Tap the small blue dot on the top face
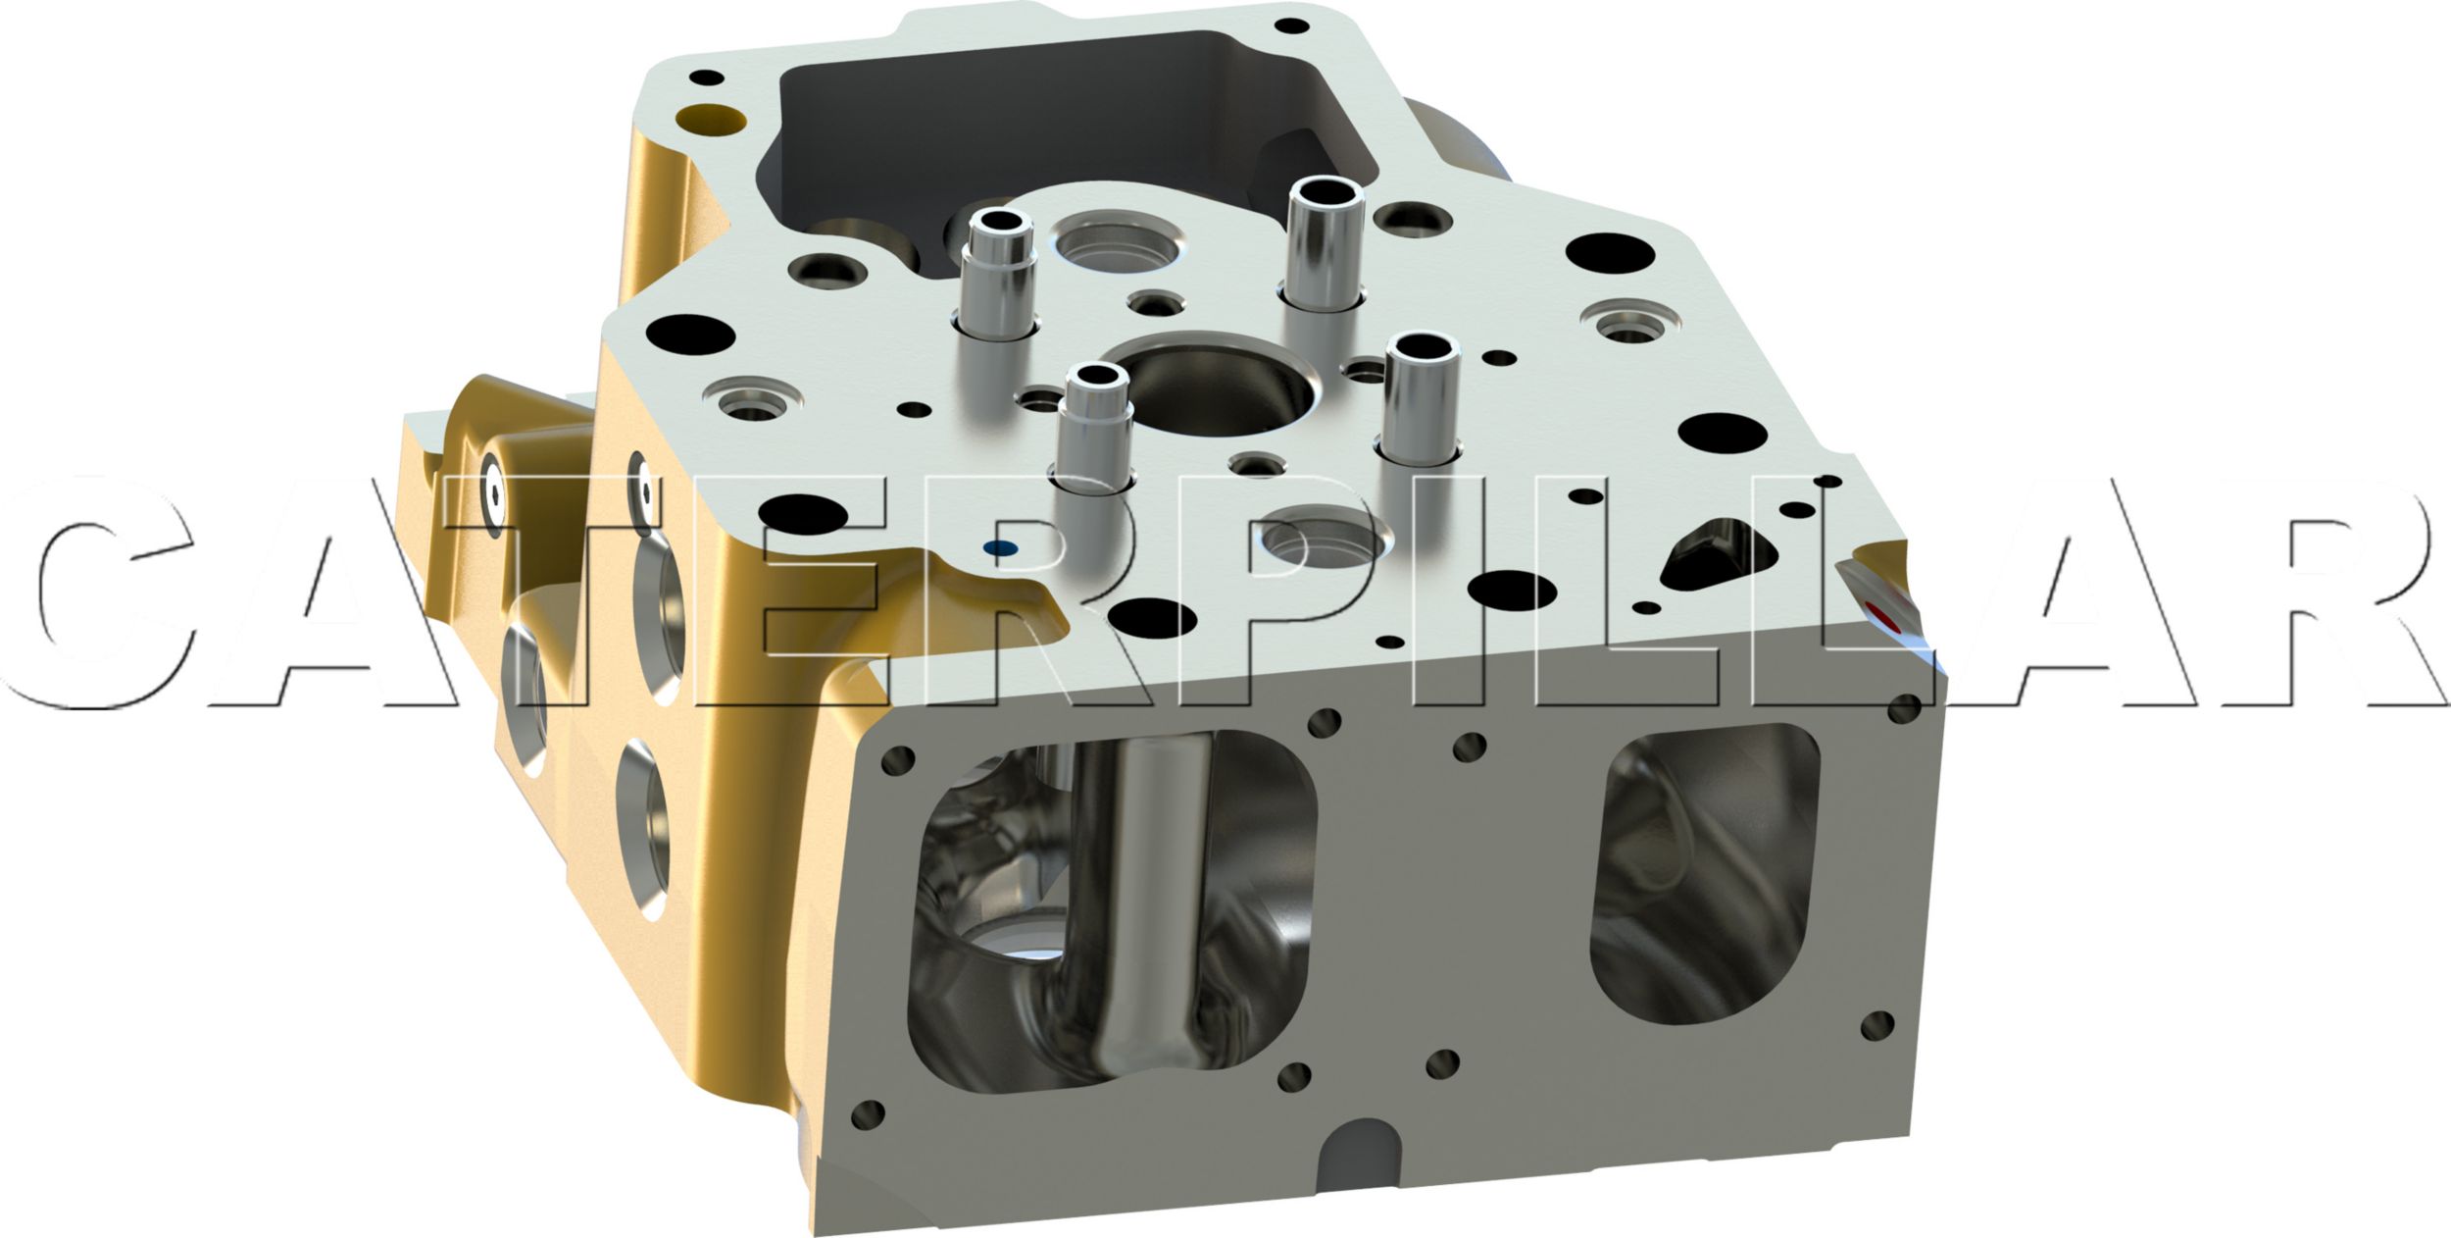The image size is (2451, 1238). coord(1000,548)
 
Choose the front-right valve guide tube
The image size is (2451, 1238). coord(1421,397)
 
